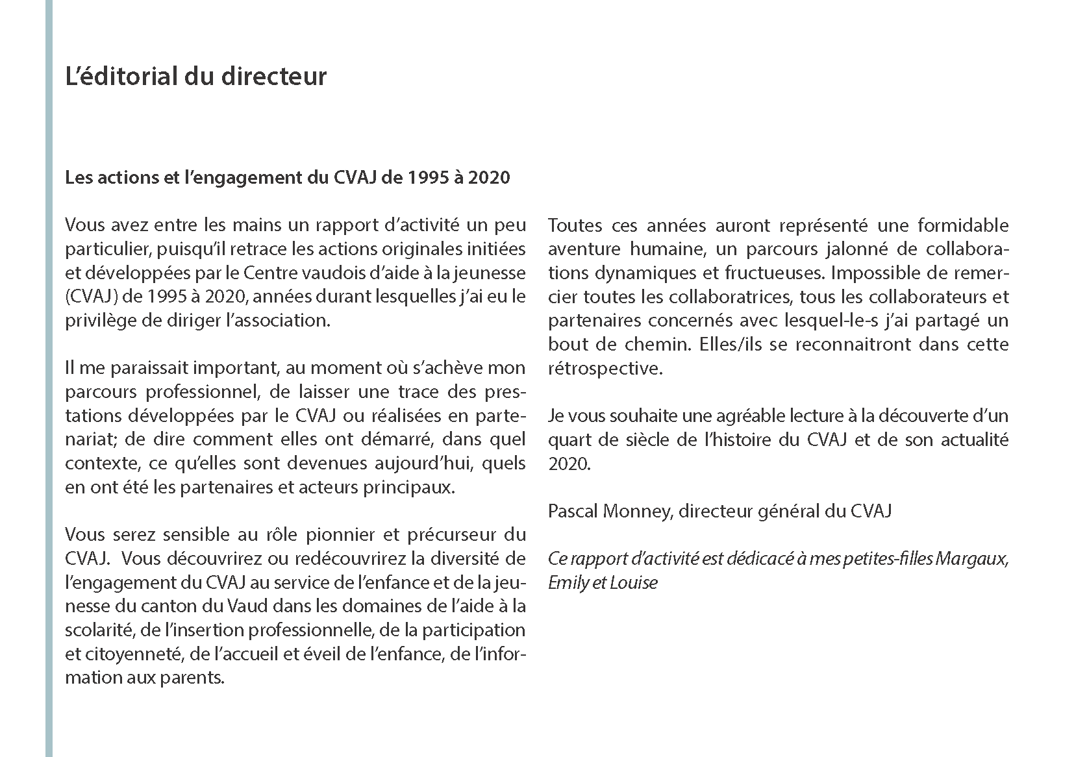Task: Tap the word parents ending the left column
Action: [193, 678]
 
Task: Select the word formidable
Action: [963, 225]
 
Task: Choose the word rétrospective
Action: [604, 368]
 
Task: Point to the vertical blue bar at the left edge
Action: [49, 378]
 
